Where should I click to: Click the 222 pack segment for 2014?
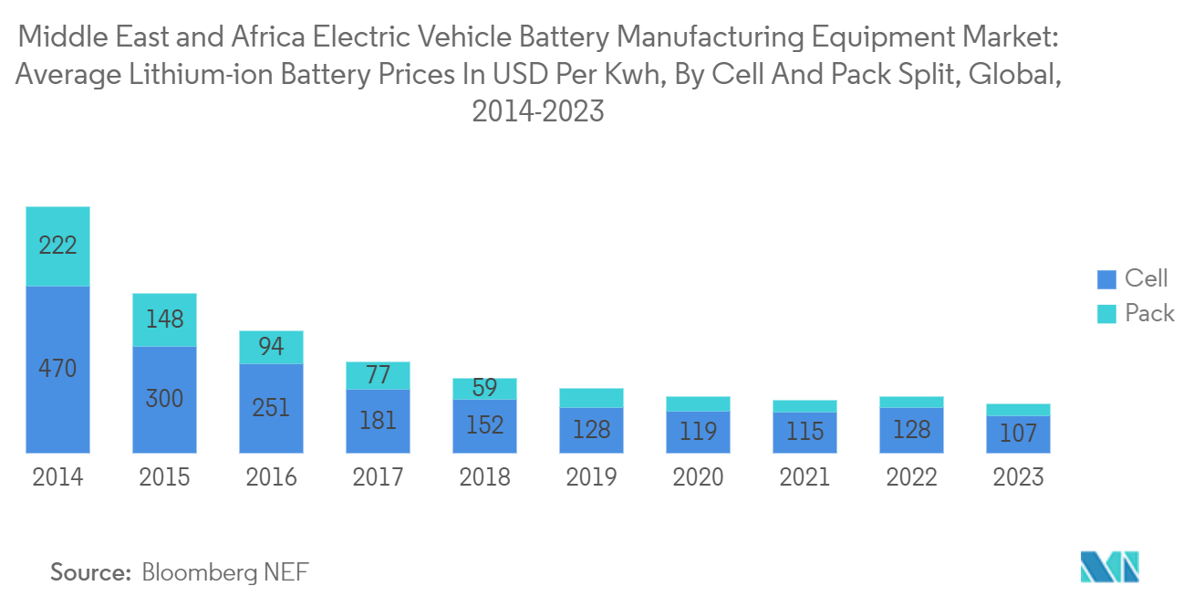tap(57, 246)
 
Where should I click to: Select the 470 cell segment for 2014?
tap(57, 370)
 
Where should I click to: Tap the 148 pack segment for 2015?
tap(164, 319)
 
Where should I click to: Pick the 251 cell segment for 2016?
tap(271, 408)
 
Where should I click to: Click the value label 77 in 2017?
tap(378, 375)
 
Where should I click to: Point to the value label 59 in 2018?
tap(484, 388)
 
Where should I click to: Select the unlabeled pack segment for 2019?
tap(591, 397)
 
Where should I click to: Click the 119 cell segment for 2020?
tap(698, 431)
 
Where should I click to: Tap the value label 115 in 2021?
tap(804, 431)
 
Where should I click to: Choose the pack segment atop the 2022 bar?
tap(911, 402)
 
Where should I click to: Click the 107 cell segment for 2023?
tap(1018, 434)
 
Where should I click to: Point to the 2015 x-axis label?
tap(164, 477)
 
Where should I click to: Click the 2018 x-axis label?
tap(484, 477)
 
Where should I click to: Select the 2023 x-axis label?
tap(1018, 477)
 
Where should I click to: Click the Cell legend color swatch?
tap(1106, 279)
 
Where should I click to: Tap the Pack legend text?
tap(1149, 314)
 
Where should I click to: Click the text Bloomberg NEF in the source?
tap(225, 572)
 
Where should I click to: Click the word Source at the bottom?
tap(90, 572)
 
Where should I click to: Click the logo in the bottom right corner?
tap(1110, 567)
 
